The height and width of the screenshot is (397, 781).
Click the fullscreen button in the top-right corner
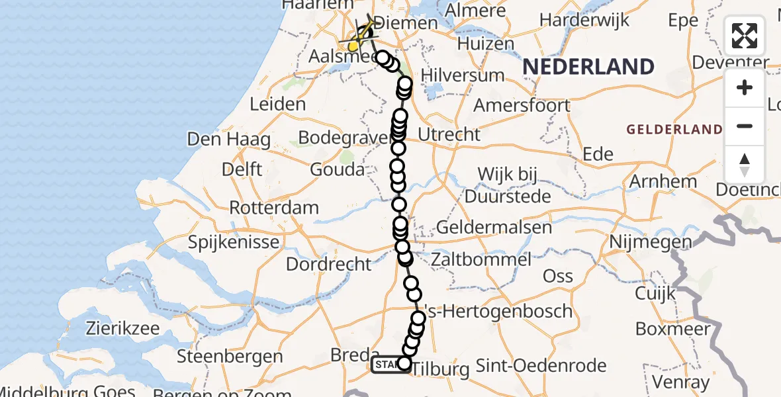(x=745, y=36)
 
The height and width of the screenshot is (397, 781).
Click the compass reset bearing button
(x=745, y=164)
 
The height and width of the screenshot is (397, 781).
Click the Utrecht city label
(x=449, y=134)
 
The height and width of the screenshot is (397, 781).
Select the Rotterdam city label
(x=274, y=207)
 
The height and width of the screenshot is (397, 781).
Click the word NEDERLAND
(x=588, y=67)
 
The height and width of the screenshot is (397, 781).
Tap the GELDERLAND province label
(x=674, y=129)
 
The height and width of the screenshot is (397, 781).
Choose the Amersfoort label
(x=522, y=105)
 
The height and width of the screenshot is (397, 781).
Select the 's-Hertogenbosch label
(x=497, y=311)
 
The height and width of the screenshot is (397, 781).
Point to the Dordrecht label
(x=329, y=264)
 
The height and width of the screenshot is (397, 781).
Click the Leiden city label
(x=278, y=104)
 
